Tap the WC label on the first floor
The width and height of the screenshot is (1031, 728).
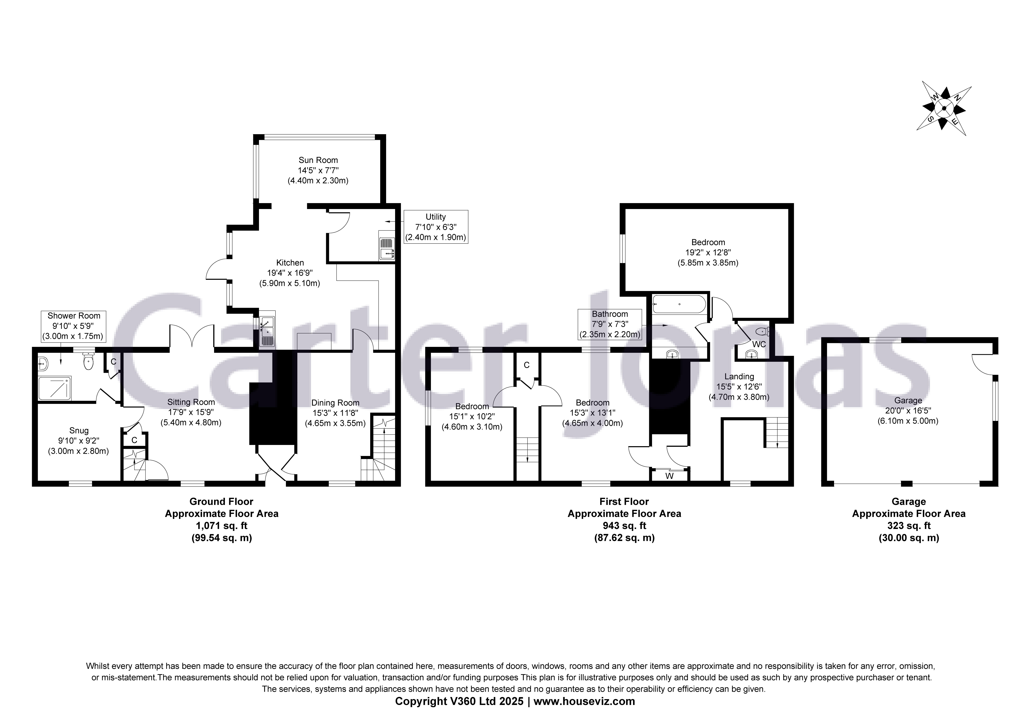759,344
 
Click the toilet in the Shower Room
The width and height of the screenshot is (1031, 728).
88,361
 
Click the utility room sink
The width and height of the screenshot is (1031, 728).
387,248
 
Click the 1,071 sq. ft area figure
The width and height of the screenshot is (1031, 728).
221,526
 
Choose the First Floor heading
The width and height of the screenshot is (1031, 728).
624,501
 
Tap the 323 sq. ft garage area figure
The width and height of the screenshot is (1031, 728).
908,526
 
